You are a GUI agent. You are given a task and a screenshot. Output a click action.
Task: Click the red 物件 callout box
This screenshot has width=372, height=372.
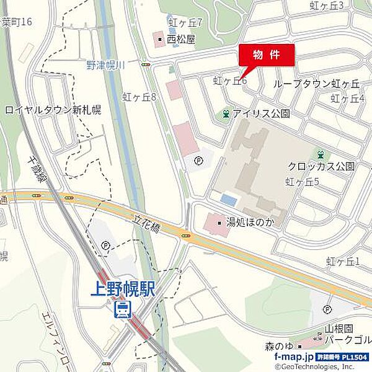pyautogui.click(x=267, y=54)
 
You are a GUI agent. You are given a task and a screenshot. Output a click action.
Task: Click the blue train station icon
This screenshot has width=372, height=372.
pyautogui.click(x=123, y=309)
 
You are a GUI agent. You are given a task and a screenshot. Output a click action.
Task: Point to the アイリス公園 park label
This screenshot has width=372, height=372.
pyautogui.click(x=262, y=114)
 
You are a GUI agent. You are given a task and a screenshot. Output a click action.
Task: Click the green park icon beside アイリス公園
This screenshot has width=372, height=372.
pyautogui.click(x=226, y=114)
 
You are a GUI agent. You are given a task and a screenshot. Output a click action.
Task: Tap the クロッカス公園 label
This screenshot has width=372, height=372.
pyautogui.click(x=321, y=166)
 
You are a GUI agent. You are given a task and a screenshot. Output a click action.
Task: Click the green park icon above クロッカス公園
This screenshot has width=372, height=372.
pyautogui.click(x=321, y=154)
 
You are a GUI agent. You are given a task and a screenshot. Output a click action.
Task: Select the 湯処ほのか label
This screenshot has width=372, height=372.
pyautogui.click(x=247, y=221)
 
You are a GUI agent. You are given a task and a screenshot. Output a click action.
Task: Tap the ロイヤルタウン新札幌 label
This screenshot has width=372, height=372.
pyautogui.click(x=53, y=110)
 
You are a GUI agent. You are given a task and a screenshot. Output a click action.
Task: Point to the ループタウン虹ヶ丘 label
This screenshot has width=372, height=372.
pyautogui.click(x=316, y=83)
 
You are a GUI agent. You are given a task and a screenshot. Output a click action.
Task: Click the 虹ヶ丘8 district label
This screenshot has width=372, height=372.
pyautogui.click(x=139, y=97)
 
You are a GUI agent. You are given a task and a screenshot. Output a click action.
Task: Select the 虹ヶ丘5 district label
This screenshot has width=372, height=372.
pyautogui.click(x=302, y=182)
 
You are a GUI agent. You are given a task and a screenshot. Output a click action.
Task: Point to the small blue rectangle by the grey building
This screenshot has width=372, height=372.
pyautogui.click(x=229, y=200)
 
